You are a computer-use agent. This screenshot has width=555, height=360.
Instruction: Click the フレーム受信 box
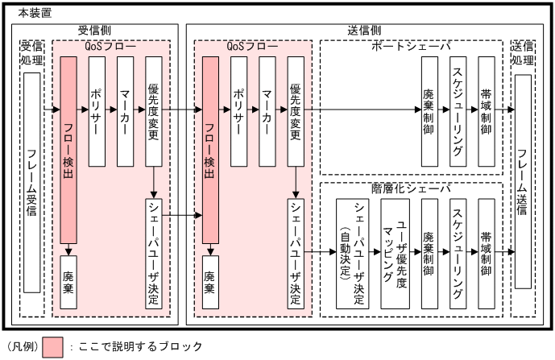pos(32,183)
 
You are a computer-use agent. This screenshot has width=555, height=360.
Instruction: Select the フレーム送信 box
pos(523,181)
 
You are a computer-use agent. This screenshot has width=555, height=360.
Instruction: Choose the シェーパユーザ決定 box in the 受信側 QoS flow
pos(154,253)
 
